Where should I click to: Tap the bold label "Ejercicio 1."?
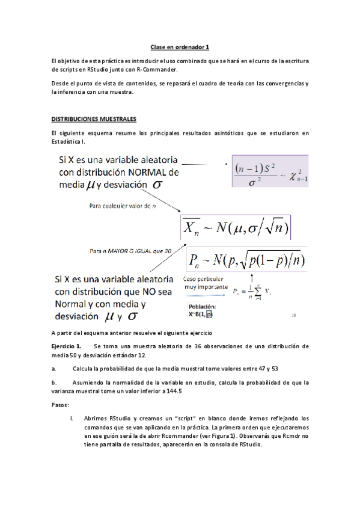(x=66, y=346)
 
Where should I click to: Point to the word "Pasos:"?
(x=61, y=405)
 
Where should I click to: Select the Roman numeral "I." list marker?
(x=72, y=418)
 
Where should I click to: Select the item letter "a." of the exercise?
(x=54, y=368)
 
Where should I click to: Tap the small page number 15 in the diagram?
(x=294, y=315)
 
